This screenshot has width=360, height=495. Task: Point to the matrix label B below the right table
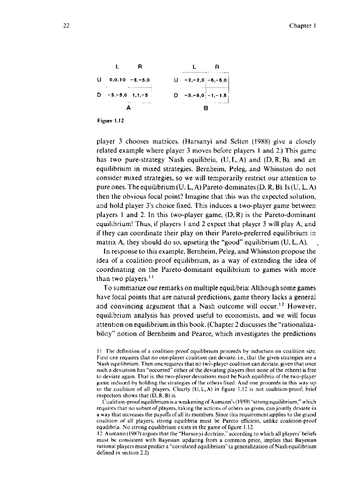(205, 107)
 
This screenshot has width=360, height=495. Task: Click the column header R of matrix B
(217, 67)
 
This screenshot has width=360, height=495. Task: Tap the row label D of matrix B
(176, 95)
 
